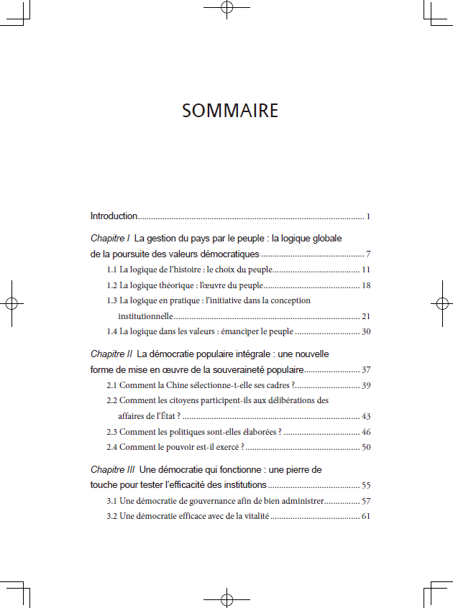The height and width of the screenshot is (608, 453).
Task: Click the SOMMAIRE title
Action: (x=230, y=111)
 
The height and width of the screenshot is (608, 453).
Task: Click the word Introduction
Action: (x=114, y=216)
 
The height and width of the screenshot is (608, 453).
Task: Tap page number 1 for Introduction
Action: (x=367, y=216)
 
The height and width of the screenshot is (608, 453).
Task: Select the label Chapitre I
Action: (x=110, y=238)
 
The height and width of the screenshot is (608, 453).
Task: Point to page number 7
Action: (x=367, y=254)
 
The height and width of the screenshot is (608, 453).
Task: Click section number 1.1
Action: (x=112, y=270)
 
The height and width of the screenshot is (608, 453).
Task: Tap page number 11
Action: (x=365, y=270)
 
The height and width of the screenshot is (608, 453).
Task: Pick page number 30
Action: (x=365, y=331)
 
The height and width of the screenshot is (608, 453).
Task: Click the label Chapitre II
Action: (x=111, y=354)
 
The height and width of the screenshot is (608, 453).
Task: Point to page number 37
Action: (x=365, y=370)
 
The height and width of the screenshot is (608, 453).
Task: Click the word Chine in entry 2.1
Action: (x=178, y=386)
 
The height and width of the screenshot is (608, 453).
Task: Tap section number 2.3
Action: (x=112, y=432)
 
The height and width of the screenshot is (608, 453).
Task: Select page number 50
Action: (x=365, y=447)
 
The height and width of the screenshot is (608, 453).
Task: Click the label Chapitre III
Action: (x=113, y=469)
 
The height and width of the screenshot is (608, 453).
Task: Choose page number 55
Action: (x=365, y=485)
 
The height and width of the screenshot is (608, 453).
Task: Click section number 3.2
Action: (x=112, y=516)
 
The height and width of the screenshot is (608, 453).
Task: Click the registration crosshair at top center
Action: (x=226, y=9)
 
